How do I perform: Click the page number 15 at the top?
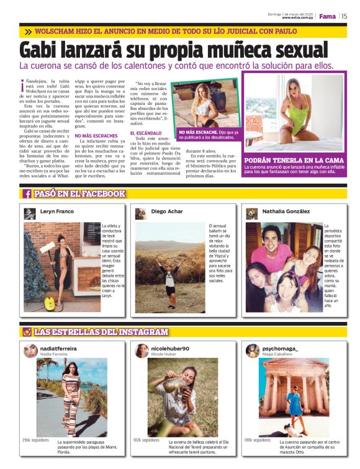tap(344, 17)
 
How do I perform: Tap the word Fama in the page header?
tap(328, 17)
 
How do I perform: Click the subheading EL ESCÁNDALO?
tap(146, 133)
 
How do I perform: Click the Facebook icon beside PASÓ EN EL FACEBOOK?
tap(27, 194)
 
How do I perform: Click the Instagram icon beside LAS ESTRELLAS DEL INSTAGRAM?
tap(27, 332)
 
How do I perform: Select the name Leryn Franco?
tap(57, 212)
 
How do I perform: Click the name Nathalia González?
tap(286, 212)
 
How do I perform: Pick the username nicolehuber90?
tap(170, 349)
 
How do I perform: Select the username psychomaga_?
tap(280, 349)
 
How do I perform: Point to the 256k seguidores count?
tap(35, 440)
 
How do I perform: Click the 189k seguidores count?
tap(257, 440)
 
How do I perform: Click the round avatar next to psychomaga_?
tap(253, 351)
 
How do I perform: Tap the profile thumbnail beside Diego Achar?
tap(140, 213)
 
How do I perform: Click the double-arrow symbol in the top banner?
tap(29, 30)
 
